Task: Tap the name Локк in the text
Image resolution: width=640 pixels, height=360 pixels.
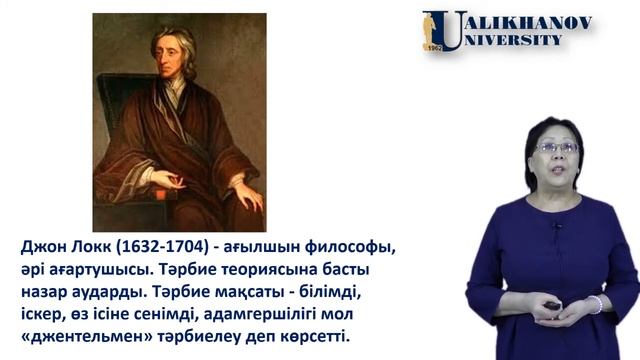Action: pyautogui.click(x=96, y=246)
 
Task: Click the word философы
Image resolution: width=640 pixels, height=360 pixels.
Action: pyautogui.click(x=352, y=246)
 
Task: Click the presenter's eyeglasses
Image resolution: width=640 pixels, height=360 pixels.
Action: pyautogui.click(x=557, y=146)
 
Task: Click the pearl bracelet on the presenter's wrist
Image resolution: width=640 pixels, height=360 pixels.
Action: pyautogui.click(x=595, y=304)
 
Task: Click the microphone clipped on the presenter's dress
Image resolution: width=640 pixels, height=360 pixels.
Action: pyautogui.click(x=556, y=226)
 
